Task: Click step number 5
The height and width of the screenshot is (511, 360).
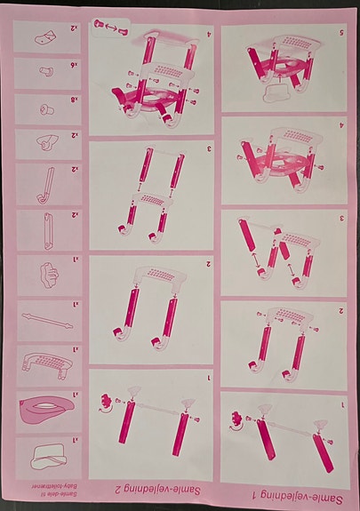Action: [x=340, y=36]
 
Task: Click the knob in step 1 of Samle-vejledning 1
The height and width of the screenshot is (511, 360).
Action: [x=237, y=419]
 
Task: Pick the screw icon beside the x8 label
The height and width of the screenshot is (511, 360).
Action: [x=44, y=108]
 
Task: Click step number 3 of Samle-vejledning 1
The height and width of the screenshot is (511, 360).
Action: [x=340, y=216]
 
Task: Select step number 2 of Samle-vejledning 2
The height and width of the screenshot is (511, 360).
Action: [x=207, y=265]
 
